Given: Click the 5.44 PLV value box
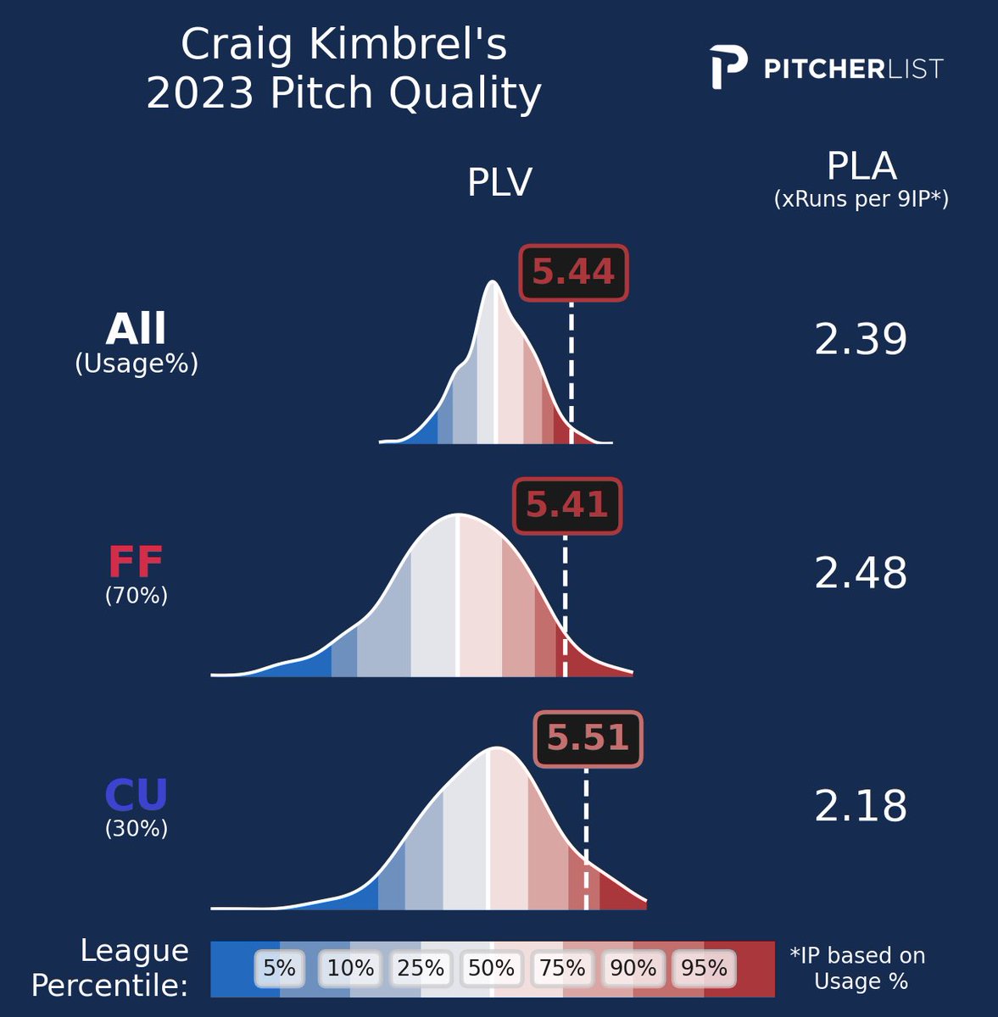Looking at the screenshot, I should (x=573, y=273).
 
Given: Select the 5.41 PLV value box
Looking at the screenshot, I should (x=567, y=506).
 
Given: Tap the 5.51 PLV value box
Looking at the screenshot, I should (x=588, y=738).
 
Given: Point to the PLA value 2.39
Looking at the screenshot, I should (x=860, y=340).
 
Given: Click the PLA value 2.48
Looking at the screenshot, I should (x=860, y=574).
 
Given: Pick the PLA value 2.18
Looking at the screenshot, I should (x=860, y=807).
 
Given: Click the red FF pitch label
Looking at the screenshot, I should (x=136, y=562).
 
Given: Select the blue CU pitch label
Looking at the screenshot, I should (x=136, y=795).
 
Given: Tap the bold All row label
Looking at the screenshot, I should (x=136, y=329).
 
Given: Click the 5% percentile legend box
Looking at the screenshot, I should (x=279, y=968).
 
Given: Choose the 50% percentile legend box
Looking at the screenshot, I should (x=491, y=968).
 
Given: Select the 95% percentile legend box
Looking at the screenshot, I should (x=704, y=968).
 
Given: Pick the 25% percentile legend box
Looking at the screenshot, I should (x=421, y=968).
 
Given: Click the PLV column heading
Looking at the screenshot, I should (x=499, y=182).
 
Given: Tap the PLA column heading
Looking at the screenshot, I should (x=861, y=167).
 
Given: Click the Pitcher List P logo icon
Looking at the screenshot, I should (x=728, y=68).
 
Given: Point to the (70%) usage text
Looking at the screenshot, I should (x=136, y=596).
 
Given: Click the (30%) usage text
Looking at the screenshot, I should (x=136, y=828).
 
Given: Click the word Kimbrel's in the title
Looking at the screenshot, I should (x=409, y=45).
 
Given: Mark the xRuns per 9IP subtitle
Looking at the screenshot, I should (x=861, y=199).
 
